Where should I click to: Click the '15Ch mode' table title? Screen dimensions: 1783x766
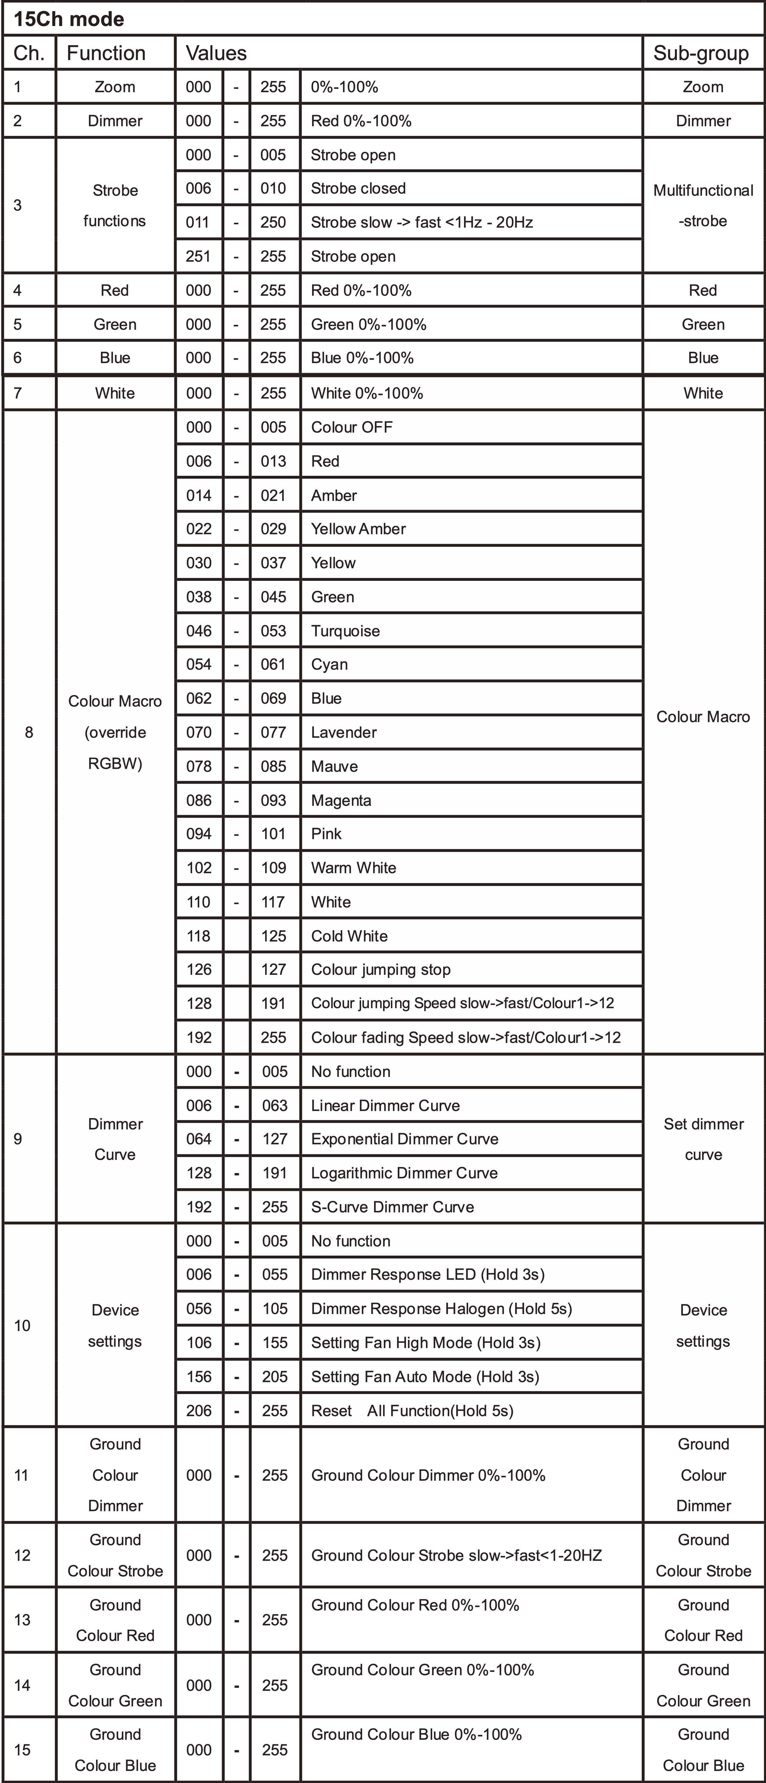[68, 19]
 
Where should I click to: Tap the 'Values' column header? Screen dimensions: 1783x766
[216, 53]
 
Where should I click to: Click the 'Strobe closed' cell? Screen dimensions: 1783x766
[358, 188]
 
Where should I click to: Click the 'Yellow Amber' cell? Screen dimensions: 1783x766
[358, 529]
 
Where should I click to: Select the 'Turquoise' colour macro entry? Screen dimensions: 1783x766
[345, 631]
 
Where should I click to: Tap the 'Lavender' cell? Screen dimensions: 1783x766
[344, 732]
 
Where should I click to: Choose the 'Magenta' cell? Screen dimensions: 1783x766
[341, 800]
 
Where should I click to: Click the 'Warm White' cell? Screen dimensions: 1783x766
[353, 868]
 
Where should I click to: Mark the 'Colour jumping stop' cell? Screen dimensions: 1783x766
[380, 970]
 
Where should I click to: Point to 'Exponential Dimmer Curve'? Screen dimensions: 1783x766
[405, 1139]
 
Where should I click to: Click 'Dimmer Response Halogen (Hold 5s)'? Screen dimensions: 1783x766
[441, 1308]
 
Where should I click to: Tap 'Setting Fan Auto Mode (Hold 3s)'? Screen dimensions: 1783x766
[424, 1376]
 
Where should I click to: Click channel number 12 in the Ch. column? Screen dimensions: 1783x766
[22, 1555]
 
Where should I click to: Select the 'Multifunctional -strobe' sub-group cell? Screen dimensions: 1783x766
[703, 206]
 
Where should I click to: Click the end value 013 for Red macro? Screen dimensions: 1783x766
[273, 461]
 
